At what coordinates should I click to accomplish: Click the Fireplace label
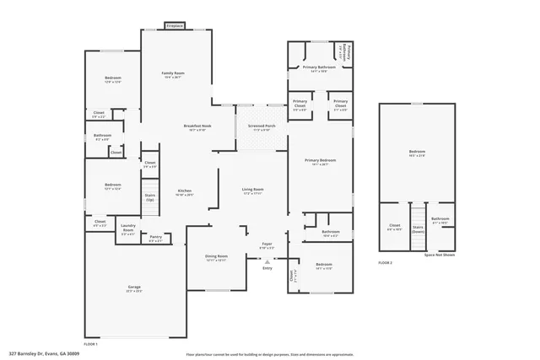pyautogui.click(x=175, y=26)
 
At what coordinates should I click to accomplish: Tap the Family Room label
pyautogui.click(x=173, y=73)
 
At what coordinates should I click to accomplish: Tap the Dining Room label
pyautogui.click(x=217, y=256)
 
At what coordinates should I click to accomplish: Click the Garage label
pyautogui.click(x=134, y=287)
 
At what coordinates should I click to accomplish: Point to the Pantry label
pyautogui.click(x=155, y=237)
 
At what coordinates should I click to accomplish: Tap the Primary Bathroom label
pyautogui.click(x=320, y=67)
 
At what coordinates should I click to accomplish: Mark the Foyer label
pyautogui.click(x=266, y=244)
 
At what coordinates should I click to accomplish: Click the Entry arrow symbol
pyautogui.click(x=267, y=262)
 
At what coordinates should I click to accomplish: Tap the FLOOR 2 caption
pyautogui.click(x=386, y=264)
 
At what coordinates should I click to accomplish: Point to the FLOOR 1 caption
pyautogui.click(x=91, y=344)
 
